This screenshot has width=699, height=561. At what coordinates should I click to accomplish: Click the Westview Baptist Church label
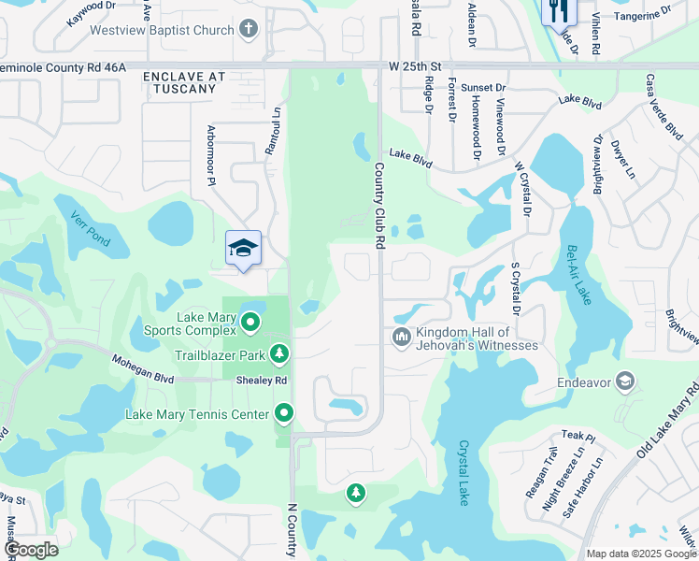point(162,30)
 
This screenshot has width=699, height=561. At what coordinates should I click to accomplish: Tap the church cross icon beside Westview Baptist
point(248,29)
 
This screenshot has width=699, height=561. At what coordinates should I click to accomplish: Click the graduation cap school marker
point(243,249)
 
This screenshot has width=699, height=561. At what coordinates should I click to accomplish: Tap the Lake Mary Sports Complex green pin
point(250,324)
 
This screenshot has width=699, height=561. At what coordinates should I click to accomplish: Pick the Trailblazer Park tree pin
point(278,353)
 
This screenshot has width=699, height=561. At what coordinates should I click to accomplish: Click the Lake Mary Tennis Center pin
point(284,412)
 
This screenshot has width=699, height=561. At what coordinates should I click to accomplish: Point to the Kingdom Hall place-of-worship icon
point(402,336)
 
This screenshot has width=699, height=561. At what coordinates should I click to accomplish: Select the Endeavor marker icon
point(624,381)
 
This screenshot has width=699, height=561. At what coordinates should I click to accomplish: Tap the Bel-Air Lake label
point(579,275)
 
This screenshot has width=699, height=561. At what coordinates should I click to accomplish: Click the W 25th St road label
point(415,66)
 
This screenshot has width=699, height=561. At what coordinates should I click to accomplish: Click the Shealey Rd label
point(261,381)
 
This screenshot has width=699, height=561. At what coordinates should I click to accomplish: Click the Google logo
point(30,550)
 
